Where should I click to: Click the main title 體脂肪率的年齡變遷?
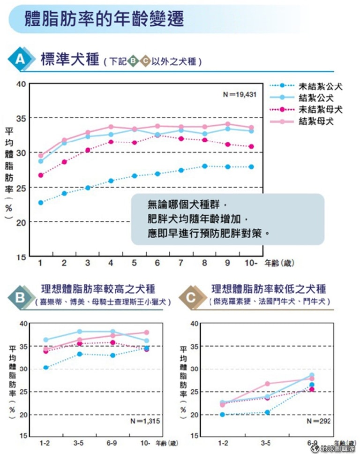(x=104, y=19)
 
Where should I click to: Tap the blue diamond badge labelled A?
(x=21, y=60)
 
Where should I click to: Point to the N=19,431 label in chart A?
(x=240, y=94)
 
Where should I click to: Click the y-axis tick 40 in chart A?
(x=20, y=84)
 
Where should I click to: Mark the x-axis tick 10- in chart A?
(x=251, y=263)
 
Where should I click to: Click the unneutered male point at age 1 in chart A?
(x=41, y=203)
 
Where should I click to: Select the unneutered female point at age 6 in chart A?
(x=157, y=135)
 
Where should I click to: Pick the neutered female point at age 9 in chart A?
(x=228, y=124)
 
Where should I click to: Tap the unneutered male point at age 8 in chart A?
(x=204, y=166)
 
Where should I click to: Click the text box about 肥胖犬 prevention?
(x=227, y=219)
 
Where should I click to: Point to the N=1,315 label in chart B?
(x=146, y=421)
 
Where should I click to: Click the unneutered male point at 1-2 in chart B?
(x=45, y=367)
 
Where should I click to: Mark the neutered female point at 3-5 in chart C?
(x=268, y=384)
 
